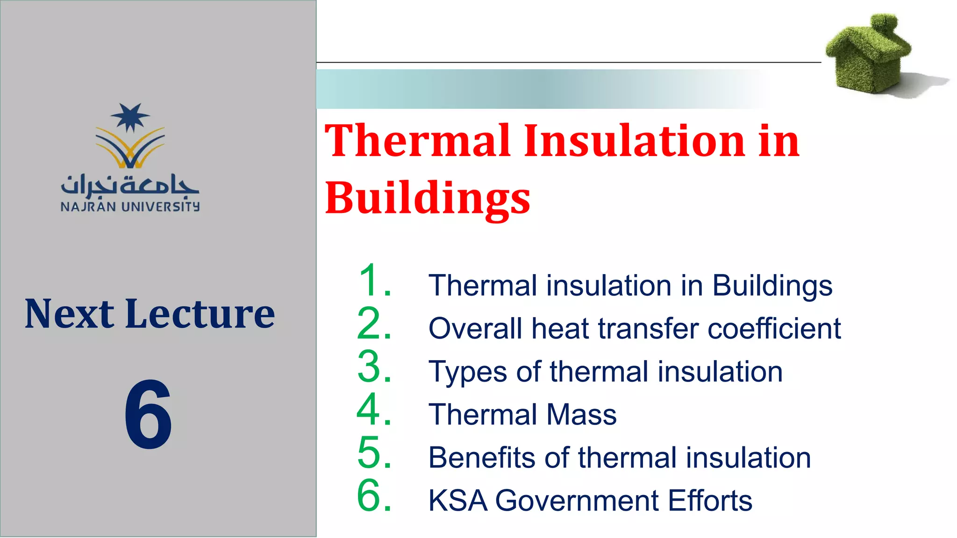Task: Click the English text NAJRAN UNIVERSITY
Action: [130, 207]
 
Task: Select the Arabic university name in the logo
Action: [130, 185]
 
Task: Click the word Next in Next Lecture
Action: [69, 314]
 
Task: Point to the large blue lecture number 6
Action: [148, 414]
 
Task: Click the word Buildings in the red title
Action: [427, 198]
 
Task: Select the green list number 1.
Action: [374, 280]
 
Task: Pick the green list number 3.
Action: [374, 367]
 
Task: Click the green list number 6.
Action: [374, 496]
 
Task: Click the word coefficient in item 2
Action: [774, 328]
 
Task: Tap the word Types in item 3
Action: [468, 372]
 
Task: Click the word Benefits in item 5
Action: [482, 457]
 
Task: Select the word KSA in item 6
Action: [458, 501]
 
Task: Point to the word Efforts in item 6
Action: [710, 501]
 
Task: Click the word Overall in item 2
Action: [475, 328]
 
